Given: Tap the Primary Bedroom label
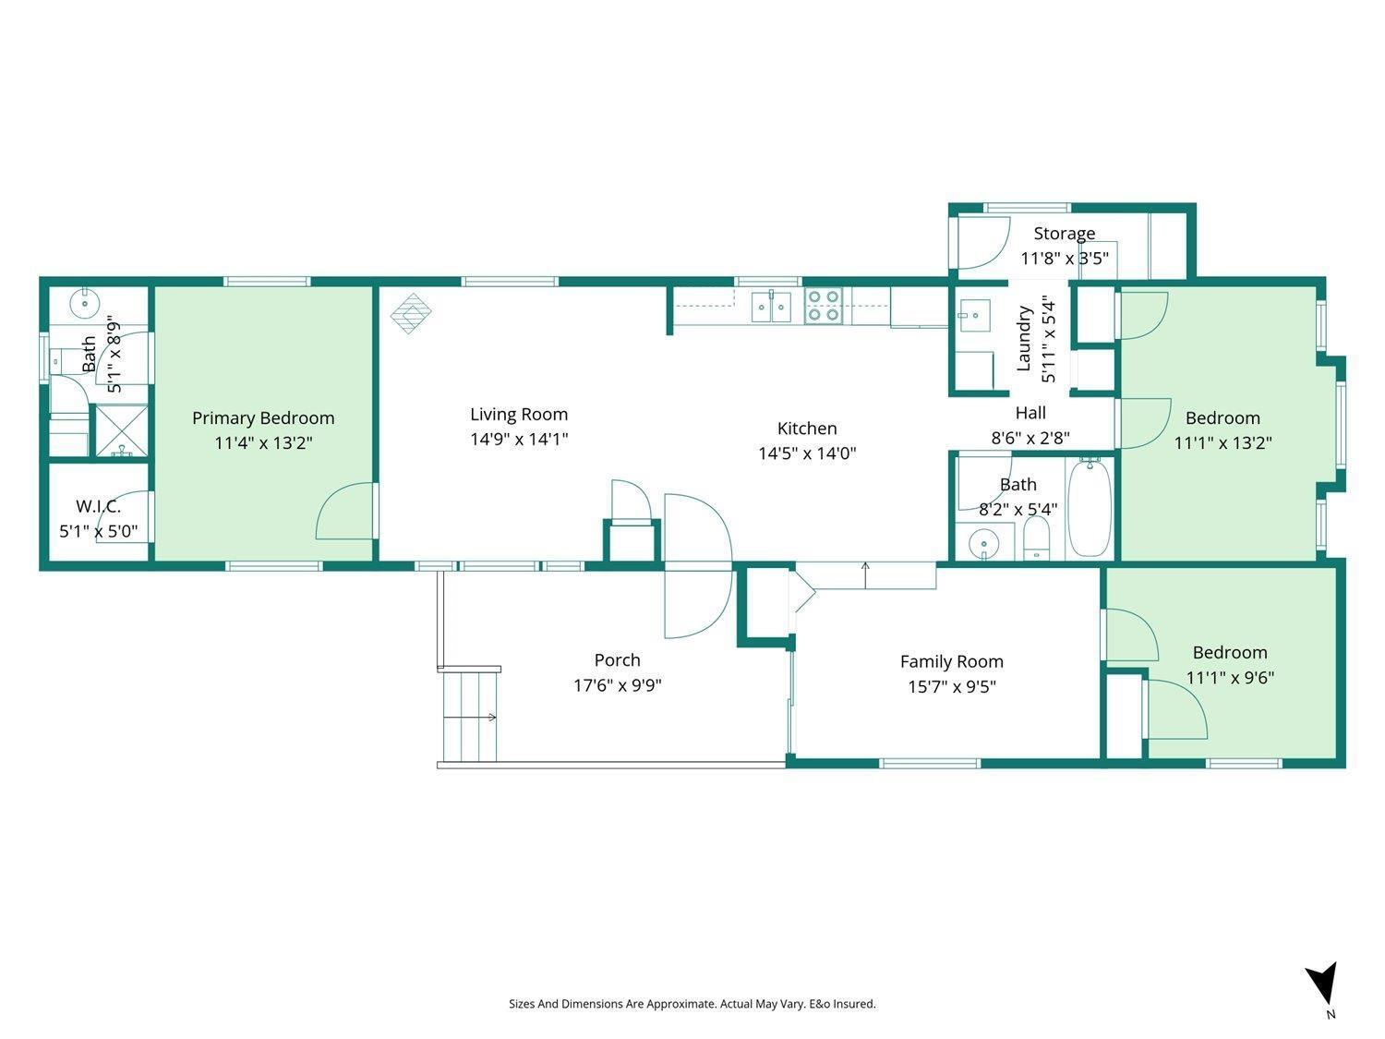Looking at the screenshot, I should (x=263, y=418).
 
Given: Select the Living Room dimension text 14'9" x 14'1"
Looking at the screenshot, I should (x=519, y=440).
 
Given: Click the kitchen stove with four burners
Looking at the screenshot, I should (x=823, y=306).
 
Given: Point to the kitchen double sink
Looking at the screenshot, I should (x=771, y=306).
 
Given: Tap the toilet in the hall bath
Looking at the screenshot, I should (x=1037, y=538).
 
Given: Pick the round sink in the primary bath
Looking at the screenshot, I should (x=86, y=301).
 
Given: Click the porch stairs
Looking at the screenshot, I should (x=469, y=717).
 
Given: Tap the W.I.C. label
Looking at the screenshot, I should (x=98, y=506).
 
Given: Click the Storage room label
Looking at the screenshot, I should (x=1064, y=234).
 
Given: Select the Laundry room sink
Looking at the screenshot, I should (x=973, y=315).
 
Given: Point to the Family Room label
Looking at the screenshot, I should (x=951, y=661).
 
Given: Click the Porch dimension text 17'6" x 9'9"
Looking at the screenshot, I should (x=617, y=685).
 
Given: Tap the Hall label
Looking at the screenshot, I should (x=1030, y=413).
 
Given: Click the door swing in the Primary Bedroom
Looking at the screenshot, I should (x=346, y=513).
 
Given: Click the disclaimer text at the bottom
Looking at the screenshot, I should (x=692, y=1004).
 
